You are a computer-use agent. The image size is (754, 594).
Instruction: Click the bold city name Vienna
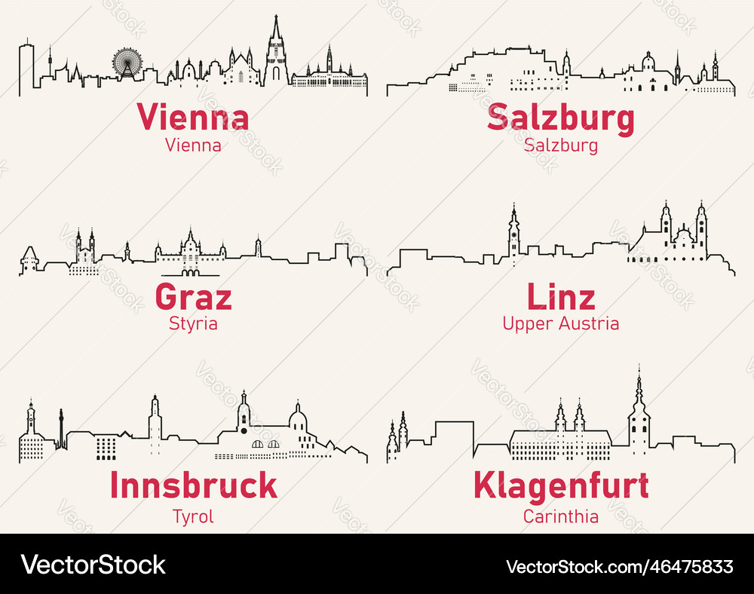(x=193, y=118)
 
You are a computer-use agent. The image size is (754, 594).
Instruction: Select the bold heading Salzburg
(x=560, y=119)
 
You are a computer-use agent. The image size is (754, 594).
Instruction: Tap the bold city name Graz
(x=193, y=297)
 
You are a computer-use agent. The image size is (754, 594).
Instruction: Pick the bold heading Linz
(x=560, y=297)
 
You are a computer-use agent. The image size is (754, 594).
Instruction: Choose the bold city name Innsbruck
(x=193, y=485)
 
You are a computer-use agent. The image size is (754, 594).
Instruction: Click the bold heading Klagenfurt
(x=560, y=485)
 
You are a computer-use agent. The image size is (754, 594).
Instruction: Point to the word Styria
(x=193, y=324)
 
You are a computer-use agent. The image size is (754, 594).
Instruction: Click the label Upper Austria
(x=560, y=324)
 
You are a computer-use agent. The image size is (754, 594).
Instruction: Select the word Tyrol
(x=193, y=516)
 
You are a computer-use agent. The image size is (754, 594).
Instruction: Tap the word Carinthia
(x=560, y=516)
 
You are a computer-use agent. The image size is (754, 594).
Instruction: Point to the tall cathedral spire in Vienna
(x=276, y=45)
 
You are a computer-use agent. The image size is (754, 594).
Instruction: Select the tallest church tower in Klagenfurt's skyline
(x=639, y=415)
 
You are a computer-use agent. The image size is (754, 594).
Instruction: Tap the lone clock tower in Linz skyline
(x=513, y=234)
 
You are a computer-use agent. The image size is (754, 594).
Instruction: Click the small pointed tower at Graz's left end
(x=29, y=259)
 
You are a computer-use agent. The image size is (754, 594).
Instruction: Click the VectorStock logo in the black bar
(x=93, y=565)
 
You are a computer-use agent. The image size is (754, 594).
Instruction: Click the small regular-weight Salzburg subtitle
(x=560, y=145)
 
